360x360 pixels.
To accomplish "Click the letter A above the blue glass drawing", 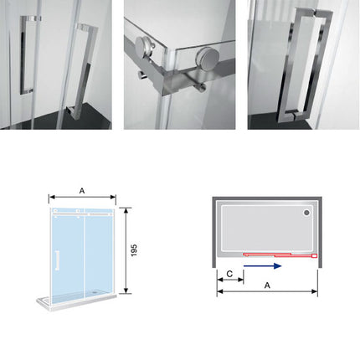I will coord(81,190).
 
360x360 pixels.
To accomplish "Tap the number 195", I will coord(135,250).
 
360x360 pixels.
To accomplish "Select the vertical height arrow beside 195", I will coord(126,250).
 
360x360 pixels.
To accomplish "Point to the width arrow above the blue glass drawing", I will coord(81,198).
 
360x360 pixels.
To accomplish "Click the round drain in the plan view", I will coord(306,213).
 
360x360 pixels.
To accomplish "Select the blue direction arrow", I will coord(262,266).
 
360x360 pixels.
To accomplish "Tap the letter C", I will coord(229,273).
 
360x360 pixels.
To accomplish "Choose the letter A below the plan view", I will coord(266,285).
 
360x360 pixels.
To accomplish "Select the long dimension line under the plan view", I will coord(267,292).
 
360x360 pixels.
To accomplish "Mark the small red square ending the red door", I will coord(314,253).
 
